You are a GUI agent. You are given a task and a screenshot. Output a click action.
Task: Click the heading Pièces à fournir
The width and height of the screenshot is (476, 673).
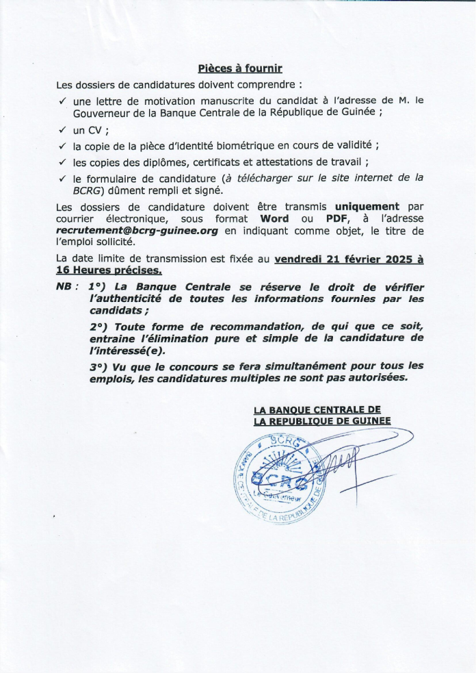click(x=239, y=68)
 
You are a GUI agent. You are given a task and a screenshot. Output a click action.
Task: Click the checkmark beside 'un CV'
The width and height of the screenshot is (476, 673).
click(x=62, y=129)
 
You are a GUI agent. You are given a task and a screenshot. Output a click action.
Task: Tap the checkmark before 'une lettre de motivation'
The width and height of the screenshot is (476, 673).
click(x=62, y=100)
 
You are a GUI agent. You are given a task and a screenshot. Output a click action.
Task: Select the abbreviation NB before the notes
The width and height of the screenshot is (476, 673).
click(x=64, y=287)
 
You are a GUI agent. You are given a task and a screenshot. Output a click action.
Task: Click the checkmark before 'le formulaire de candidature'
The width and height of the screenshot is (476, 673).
click(x=62, y=177)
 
